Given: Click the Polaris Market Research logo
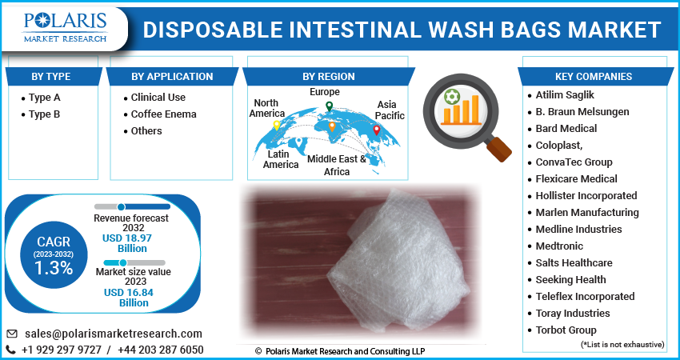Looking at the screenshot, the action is pyautogui.click(x=65, y=28).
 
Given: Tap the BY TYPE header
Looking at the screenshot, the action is pyautogui.click(x=50, y=76).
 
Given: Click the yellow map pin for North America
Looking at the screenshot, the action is pyautogui.click(x=276, y=126).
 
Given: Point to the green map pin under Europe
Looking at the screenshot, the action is pyautogui.click(x=329, y=106).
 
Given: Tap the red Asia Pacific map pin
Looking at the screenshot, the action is pyautogui.click(x=377, y=130).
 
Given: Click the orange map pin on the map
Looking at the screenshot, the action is pyautogui.click(x=332, y=126).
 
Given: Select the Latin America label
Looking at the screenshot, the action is pyautogui.click(x=281, y=159).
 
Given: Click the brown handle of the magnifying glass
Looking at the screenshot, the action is pyautogui.click(x=498, y=150).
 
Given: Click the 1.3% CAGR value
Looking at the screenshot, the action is pyautogui.click(x=54, y=269).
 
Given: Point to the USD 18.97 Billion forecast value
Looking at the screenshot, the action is pyautogui.click(x=128, y=243).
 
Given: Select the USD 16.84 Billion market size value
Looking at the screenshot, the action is pyautogui.click(x=129, y=298).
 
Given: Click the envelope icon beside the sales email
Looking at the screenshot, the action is pyautogui.click(x=12, y=334).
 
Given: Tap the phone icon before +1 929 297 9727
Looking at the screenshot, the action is pyautogui.click(x=11, y=350).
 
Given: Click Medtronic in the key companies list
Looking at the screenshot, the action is pyautogui.click(x=559, y=246).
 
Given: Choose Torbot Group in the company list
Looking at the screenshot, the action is pyautogui.click(x=566, y=330).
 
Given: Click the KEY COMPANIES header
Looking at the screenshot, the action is pyautogui.click(x=594, y=76).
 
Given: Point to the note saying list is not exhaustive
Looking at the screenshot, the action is pyautogui.click(x=622, y=344).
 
